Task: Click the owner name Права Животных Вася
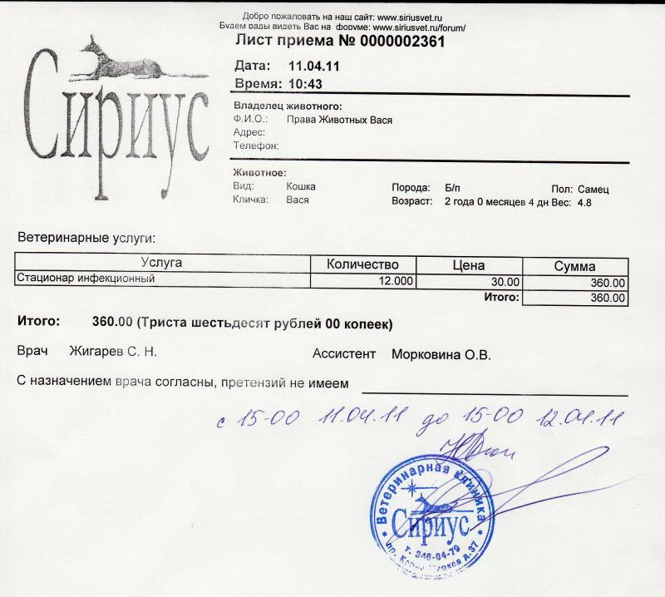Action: pos(338,120)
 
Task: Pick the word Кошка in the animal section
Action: pos(300,186)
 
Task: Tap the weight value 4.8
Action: pos(584,202)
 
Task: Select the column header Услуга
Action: pos(162,264)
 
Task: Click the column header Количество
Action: pos(364,265)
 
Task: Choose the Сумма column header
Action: pos(574,266)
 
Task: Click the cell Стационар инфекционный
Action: pos(87,279)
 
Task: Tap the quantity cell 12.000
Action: pos(396,281)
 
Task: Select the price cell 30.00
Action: pos(505,283)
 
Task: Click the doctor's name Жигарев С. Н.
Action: pos(113,352)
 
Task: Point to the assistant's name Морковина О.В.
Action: pos(441,354)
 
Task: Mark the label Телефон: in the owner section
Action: pos(256,146)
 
